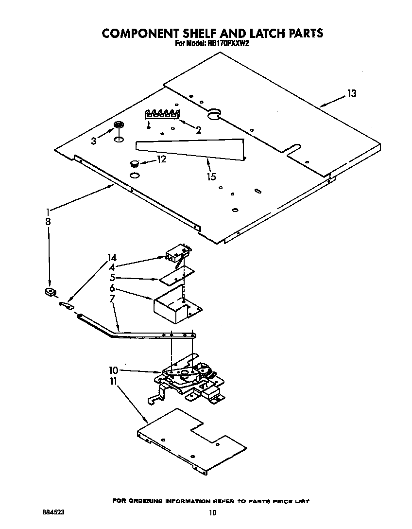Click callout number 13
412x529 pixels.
(351, 93)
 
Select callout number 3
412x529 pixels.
(94, 141)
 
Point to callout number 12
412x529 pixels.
(161, 159)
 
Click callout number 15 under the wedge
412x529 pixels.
(211, 177)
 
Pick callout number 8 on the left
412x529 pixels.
(48, 221)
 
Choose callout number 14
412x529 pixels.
(112, 258)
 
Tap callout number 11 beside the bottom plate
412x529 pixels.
(113, 382)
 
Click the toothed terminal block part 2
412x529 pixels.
(163, 114)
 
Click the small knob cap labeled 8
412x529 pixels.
(49, 292)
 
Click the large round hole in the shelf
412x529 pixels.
(214, 115)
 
